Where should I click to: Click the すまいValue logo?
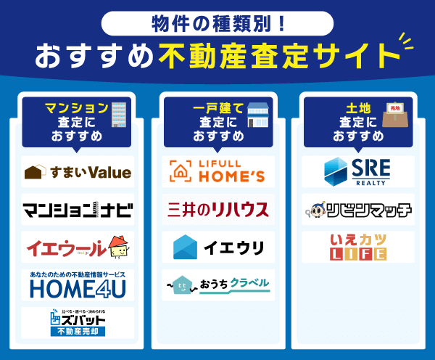coord(78,172)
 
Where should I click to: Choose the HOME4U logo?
coord(78,285)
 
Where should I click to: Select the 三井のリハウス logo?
coord(217,210)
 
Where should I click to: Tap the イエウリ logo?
coord(217,247)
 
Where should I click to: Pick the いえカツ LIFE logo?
coord(357,247)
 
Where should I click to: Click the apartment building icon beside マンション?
coord(119,114)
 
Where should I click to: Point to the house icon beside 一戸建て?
coord(258,115)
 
